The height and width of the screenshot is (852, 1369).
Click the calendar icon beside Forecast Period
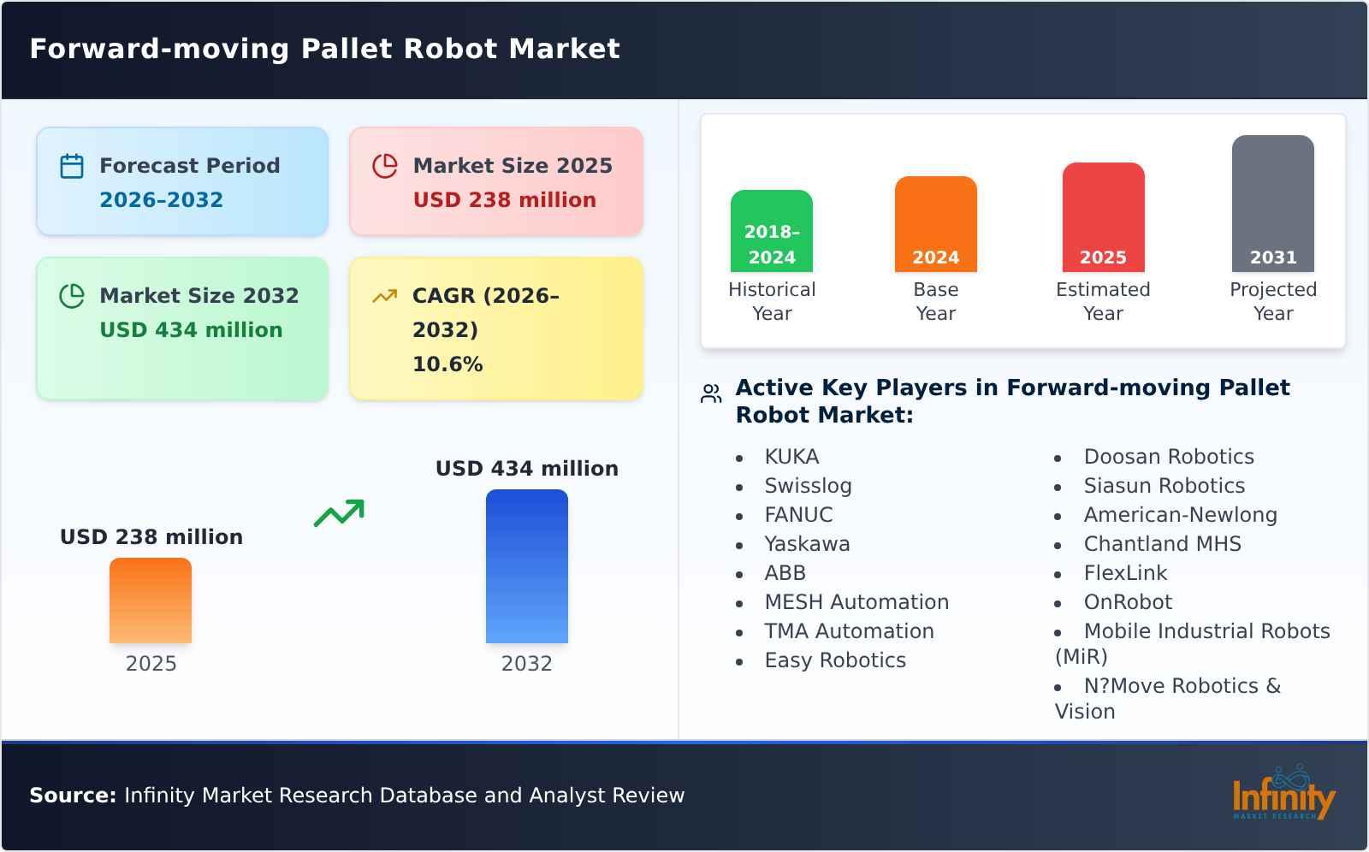[x=72, y=166]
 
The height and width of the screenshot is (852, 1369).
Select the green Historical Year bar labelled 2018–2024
[x=772, y=231]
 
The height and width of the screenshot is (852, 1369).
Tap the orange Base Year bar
[x=935, y=224]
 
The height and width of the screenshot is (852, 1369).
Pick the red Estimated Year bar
[x=1103, y=217]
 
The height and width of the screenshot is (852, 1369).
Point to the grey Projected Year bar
[x=1272, y=204]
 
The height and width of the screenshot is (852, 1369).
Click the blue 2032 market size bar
[x=526, y=566]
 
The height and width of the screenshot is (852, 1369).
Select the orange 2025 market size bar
[x=151, y=601]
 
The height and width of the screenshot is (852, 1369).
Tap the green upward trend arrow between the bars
[x=339, y=513]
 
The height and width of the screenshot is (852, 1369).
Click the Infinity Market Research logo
[x=1283, y=795]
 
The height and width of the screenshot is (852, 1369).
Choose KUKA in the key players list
[x=791, y=457]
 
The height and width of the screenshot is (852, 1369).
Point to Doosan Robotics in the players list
[x=1169, y=457]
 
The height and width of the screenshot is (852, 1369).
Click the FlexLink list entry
[x=1125, y=573]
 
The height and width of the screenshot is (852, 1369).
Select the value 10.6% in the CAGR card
[x=447, y=364]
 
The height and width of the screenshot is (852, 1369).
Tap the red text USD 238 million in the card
[x=505, y=200]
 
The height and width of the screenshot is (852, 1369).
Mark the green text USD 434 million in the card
[x=191, y=330]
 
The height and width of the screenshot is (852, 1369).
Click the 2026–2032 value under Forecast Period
[x=161, y=200]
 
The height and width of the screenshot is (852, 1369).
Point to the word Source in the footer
[x=72, y=796]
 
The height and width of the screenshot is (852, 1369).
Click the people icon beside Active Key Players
[x=711, y=393]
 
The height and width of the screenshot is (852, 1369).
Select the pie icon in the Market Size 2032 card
[x=72, y=296]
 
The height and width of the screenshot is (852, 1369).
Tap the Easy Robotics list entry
[x=835, y=660]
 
